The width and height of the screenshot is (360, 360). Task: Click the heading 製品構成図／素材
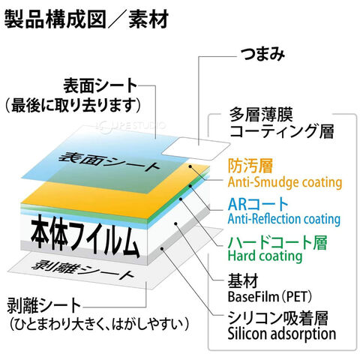(x=86, y=19)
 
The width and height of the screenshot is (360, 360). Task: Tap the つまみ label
(x=262, y=54)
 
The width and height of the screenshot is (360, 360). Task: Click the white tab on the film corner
(x=196, y=148)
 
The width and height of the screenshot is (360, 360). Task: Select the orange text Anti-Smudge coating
(x=285, y=182)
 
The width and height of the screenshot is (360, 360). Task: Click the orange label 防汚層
(x=250, y=166)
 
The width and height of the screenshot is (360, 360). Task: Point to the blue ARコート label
(x=258, y=204)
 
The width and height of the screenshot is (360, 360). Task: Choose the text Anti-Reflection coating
(x=284, y=219)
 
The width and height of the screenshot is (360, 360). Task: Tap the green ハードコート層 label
(x=277, y=242)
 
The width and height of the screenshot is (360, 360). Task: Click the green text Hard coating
(x=265, y=256)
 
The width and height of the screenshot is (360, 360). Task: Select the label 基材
(x=243, y=281)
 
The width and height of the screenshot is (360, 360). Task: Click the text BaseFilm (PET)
(x=270, y=296)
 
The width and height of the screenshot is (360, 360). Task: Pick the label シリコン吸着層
(x=278, y=318)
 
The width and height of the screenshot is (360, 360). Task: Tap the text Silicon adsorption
(x=282, y=334)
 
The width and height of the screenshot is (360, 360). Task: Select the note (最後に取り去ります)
(x=73, y=105)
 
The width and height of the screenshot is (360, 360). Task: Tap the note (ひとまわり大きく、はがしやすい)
(x=99, y=324)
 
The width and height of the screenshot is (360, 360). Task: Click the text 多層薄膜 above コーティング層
(x=261, y=115)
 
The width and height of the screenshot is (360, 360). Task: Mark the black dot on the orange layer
(x=190, y=166)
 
